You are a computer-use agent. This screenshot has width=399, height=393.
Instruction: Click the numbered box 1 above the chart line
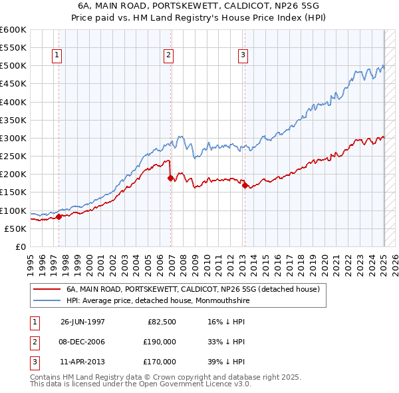coord(57,56)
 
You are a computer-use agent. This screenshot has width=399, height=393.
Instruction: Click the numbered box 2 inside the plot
coord(169,56)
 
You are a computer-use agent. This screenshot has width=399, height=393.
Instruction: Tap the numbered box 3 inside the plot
coord(243,56)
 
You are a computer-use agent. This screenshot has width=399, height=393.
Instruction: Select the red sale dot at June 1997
coord(59,216)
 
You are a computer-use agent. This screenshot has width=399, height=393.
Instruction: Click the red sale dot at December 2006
coord(170,178)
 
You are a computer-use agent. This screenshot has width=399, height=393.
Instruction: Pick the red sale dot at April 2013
coord(245,185)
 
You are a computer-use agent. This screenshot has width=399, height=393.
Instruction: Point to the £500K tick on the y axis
coord(13,66)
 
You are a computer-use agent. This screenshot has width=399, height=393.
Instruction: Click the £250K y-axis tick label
coord(13,156)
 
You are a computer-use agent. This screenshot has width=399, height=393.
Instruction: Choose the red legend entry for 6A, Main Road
coord(193,289)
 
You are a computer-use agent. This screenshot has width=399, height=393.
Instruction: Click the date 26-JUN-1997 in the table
coord(82,321)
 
